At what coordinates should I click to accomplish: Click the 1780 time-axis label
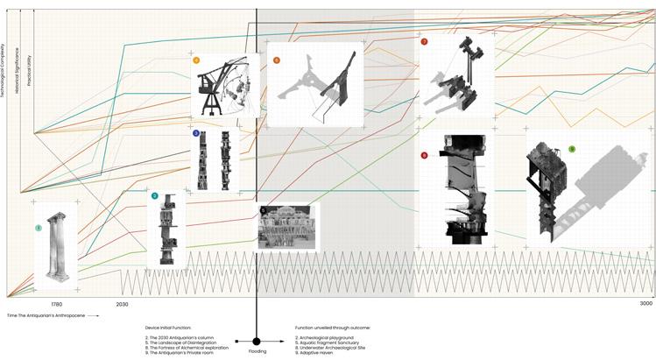click(x=56, y=304)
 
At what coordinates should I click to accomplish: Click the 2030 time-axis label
click(x=122, y=304)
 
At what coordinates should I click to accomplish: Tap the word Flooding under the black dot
click(x=257, y=351)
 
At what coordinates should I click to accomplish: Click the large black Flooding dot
click(x=257, y=341)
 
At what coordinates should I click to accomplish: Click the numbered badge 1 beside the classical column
click(x=39, y=229)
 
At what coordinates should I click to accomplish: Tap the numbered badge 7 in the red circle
click(x=424, y=41)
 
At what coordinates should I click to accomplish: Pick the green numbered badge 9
click(x=571, y=150)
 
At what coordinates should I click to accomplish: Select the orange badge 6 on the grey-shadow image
click(x=277, y=60)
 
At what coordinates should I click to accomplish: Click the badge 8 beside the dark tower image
click(x=424, y=155)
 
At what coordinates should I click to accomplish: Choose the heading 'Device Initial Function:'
click(x=168, y=327)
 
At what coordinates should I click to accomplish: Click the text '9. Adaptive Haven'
click(x=315, y=352)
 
